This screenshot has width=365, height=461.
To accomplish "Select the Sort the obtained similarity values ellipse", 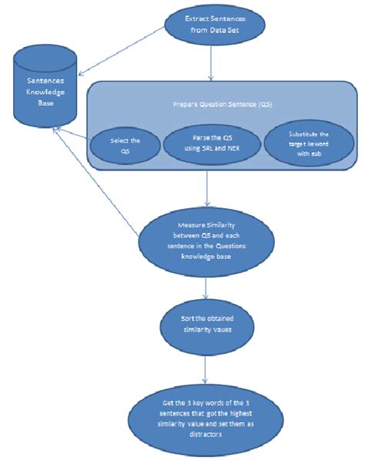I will pos(206,325).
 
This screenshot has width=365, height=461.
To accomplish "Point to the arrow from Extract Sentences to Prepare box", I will pos(209,66).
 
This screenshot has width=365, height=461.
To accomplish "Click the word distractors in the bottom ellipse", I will pos(206,434).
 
